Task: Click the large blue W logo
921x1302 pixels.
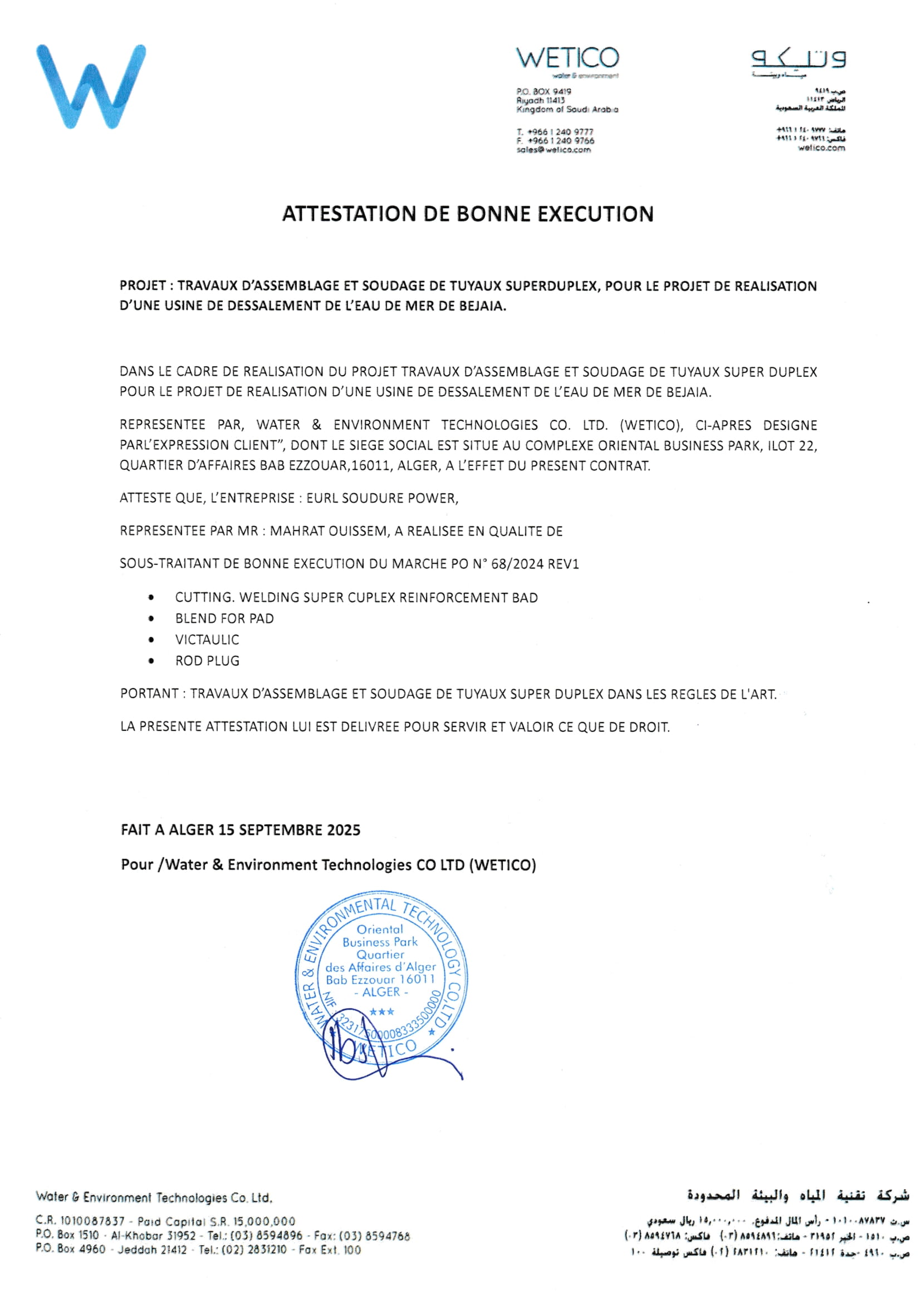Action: [x=91, y=86]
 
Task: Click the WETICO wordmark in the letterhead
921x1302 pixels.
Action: [x=567, y=58]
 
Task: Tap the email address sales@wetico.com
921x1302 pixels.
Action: [x=553, y=150]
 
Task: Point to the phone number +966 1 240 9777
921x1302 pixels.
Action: [x=560, y=131]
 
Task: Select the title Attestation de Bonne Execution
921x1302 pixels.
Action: [x=468, y=214]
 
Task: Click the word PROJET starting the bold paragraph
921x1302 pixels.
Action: [x=143, y=286]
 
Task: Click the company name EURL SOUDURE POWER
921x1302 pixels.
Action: [x=381, y=498]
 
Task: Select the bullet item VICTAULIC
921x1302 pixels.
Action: [x=207, y=640]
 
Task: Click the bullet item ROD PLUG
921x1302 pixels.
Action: [x=207, y=661]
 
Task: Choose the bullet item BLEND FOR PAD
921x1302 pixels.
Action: [x=224, y=618]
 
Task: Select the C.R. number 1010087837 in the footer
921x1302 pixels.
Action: [x=92, y=1221]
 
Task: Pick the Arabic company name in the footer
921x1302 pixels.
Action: [x=798, y=1195]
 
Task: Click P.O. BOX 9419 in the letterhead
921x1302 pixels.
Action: [x=543, y=91]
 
